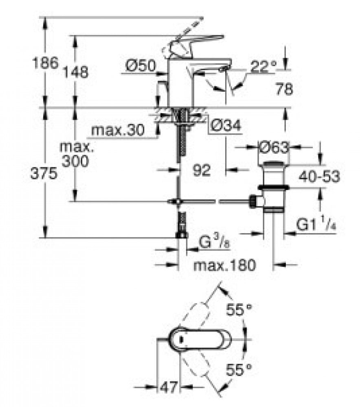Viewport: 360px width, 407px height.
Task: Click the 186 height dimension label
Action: [45, 63]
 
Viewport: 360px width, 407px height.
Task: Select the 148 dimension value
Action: [76, 72]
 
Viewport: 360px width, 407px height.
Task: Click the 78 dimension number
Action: [284, 89]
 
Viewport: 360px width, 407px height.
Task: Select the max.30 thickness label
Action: [118, 130]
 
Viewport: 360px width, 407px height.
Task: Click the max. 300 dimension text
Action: [76, 154]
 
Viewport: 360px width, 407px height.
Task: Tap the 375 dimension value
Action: [44, 173]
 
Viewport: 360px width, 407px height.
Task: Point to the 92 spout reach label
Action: [202, 170]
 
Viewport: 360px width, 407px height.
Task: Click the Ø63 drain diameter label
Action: [274, 148]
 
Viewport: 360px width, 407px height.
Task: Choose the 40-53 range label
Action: [319, 177]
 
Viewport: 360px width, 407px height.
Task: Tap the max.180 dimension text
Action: [225, 265]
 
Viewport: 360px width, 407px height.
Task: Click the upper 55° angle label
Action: [239, 309]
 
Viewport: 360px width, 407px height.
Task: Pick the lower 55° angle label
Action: [239, 370]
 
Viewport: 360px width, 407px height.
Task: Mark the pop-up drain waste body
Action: [273, 186]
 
